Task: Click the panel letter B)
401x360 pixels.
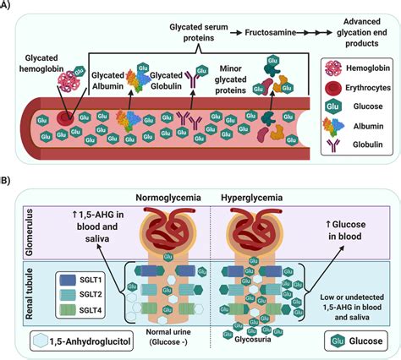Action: tap(8, 181)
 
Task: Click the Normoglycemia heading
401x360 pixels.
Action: tap(168, 198)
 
